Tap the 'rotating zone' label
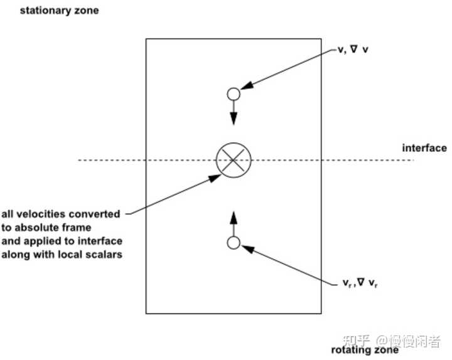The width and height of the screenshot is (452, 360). tap(365, 350)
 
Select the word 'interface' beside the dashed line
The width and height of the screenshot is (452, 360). tap(424, 149)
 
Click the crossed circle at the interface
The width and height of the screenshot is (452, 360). tap(234, 160)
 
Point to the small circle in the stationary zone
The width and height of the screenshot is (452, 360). tap(234, 95)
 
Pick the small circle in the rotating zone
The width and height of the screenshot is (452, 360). tap(234, 243)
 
